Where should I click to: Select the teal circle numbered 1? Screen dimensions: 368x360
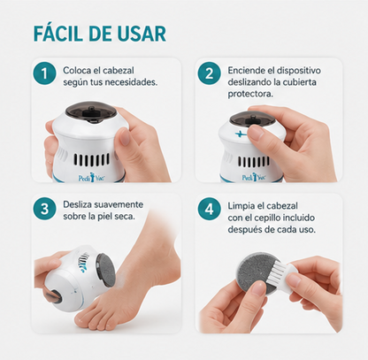point(44,73)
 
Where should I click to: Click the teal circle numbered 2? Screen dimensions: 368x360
point(209,73)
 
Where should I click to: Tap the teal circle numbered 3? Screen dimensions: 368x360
point(44,209)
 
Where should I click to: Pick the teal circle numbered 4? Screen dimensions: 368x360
point(209,209)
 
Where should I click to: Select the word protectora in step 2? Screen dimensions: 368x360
point(250,95)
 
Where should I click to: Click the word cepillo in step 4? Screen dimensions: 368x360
point(266,218)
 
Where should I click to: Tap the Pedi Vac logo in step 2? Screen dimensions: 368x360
point(254,177)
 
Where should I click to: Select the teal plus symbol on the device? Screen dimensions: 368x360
point(241,134)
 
